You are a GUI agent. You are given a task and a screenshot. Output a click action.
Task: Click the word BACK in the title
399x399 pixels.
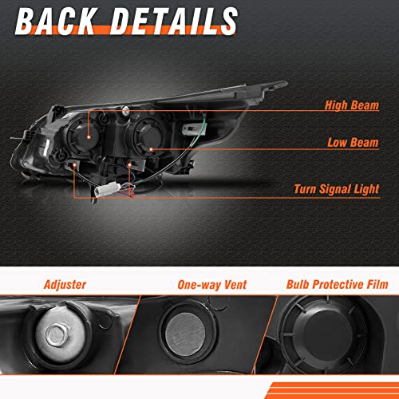tap(55, 21)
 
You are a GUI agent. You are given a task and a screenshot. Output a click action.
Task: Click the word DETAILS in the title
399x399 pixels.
tap(174, 21)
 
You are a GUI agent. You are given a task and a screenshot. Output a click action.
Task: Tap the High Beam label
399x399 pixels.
tap(352, 105)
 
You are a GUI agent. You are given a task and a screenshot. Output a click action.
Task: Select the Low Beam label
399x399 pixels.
tap(353, 143)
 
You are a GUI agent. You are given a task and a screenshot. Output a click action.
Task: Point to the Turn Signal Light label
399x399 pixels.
tap(337, 189)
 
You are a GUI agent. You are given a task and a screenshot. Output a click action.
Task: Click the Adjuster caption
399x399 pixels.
tap(65, 285)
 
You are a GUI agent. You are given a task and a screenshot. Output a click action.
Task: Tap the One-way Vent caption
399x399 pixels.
tap(212, 285)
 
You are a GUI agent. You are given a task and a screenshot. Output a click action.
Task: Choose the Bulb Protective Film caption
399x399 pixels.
tap(337, 284)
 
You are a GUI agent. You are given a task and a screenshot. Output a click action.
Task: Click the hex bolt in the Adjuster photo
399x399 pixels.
tap(57, 334)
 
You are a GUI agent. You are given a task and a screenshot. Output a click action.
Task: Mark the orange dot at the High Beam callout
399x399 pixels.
tap(89, 137)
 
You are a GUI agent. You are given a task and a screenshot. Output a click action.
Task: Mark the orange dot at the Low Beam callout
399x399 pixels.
tap(151, 149)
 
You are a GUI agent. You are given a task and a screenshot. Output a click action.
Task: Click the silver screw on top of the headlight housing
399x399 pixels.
tap(126, 111)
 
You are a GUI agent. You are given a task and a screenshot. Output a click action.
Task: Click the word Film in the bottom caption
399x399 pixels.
tap(377, 284)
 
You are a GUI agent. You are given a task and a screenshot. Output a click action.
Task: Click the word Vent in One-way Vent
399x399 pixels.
tap(235, 284)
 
